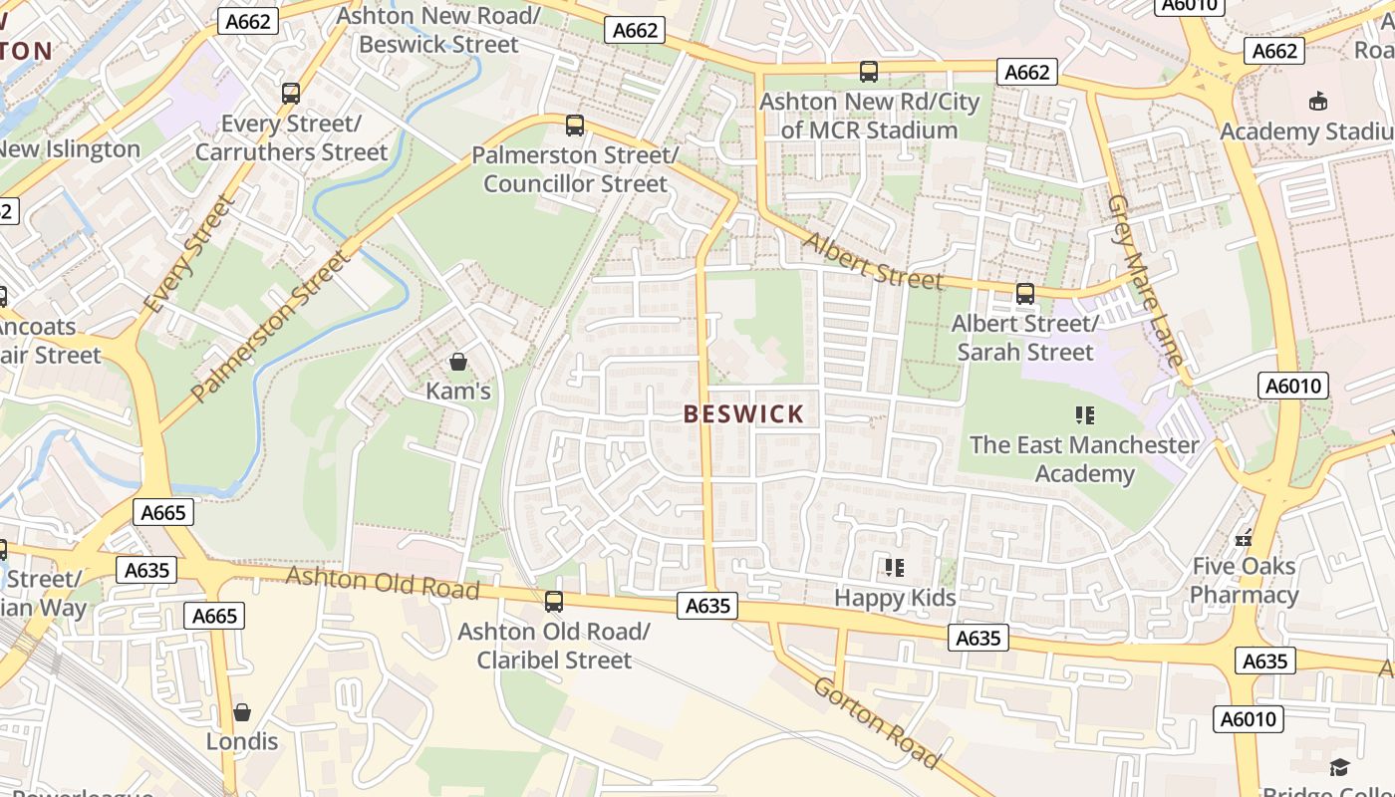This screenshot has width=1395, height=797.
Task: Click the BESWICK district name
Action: click(743, 414)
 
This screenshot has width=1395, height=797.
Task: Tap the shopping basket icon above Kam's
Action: click(458, 362)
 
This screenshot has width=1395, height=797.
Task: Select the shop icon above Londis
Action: click(242, 712)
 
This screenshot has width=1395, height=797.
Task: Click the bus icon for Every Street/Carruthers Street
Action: click(291, 94)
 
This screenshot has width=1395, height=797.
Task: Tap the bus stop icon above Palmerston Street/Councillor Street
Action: click(575, 126)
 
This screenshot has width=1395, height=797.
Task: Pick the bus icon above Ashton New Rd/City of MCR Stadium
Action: click(869, 72)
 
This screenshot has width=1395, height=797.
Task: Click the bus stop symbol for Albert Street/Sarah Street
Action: click(1025, 294)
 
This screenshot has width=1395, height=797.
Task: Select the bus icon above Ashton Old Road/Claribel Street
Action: click(554, 602)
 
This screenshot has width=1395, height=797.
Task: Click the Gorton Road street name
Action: click(876, 722)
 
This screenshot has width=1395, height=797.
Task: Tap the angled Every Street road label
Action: click(188, 255)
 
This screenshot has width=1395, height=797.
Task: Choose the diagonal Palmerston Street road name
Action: click(270, 327)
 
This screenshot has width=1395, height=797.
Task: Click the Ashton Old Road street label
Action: click(383, 582)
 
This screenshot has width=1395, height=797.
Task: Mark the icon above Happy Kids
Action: click(895, 568)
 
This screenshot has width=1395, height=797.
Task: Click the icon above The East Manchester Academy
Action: click(1085, 414)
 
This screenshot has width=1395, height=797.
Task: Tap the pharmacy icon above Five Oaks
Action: click(1244, 537)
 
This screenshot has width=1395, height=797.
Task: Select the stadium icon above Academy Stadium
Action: click(1318, 101)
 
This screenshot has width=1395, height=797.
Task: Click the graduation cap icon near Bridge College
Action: click(1339, 766)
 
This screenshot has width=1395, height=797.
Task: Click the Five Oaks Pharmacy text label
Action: click(1244, 581)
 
